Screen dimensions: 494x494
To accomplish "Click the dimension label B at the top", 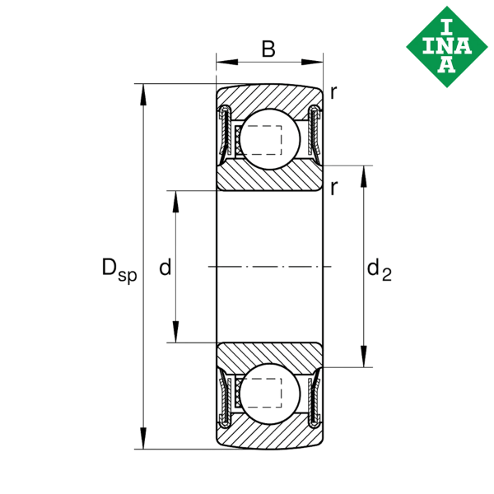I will pyautogui.click(x=268, y=49).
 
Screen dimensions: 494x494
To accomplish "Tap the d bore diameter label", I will pyautogui.click(x=165, y=267).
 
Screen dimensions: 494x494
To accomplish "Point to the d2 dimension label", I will pyautogui.click(x=378, y=268).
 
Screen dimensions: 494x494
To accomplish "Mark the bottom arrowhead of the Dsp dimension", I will pyautogui.click(x=145, y=442).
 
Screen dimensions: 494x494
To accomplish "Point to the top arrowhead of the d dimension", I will pyautogui.click(x=175, y=197).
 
